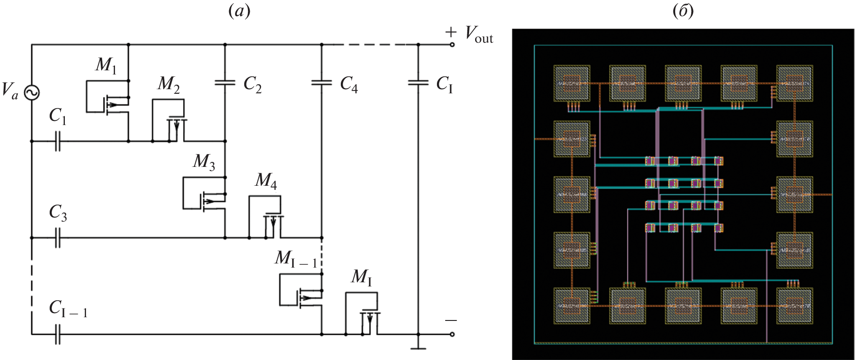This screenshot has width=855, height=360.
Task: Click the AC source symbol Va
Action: click(x=32, y=93)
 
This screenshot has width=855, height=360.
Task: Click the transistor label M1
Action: click(x=106, y=65)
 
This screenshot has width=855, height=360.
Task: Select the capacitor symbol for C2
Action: click(x=225, y=83)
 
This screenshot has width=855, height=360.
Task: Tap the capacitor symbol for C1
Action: click(x=57, y=141)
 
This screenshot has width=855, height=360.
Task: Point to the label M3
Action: click(x=204, y=161)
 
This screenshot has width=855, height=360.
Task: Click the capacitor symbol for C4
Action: click(x=321, y=83)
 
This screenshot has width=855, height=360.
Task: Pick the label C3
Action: click(x=58, y=212)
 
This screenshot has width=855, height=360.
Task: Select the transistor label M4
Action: click(x=266, y=181)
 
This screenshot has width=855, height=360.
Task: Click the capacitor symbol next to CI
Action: click(x=418, y=83)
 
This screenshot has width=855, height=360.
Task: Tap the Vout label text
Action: click(x=479, y=34)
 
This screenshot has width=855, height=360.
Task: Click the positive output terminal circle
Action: click(x=452, y=45)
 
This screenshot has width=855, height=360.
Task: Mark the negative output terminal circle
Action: click(x=452, y=334)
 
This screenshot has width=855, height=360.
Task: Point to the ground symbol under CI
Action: click(x=418, y=348)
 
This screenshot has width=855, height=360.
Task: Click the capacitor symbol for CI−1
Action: click(x=57, y=334)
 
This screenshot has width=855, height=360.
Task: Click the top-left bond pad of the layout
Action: click(x=572, y=83)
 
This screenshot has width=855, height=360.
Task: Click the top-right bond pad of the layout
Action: click(x=794, y=83)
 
